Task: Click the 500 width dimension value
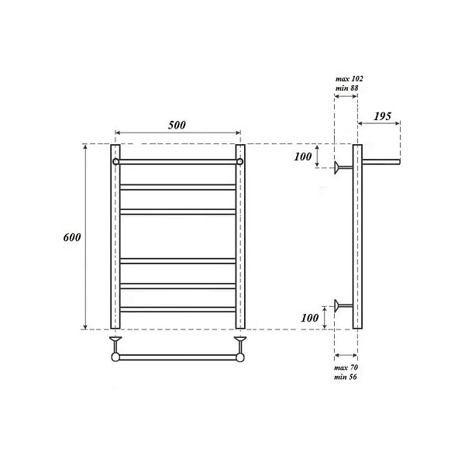click(x=177, y=126)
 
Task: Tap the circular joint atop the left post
click(x=115, y=162)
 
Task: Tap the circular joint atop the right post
click(x=240, y=162)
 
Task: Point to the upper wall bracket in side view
click(x=342, y=167)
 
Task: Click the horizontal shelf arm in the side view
click(x=381, y=161)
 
